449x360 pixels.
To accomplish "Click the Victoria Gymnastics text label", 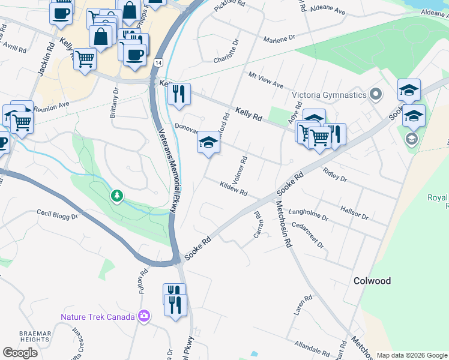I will [x=329, y=95].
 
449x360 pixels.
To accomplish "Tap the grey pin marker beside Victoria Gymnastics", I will [x=376, y=94].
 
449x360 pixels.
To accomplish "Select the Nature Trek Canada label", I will [x=97, y=316].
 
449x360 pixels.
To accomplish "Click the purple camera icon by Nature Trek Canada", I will [x=143, y=316].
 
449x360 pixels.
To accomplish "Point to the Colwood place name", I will [x=372, y=281].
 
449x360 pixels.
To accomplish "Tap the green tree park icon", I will [x=117, y=196].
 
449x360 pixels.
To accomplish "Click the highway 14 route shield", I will [x=157, y=62].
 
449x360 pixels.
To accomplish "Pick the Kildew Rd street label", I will [x=234, y=189].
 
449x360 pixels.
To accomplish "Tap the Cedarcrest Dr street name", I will [x=308, y=236].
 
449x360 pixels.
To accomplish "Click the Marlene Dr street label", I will [x=279, y=38].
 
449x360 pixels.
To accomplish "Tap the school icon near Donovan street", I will [x=208, y=143].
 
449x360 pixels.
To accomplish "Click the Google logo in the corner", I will [x=20, y=352].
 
